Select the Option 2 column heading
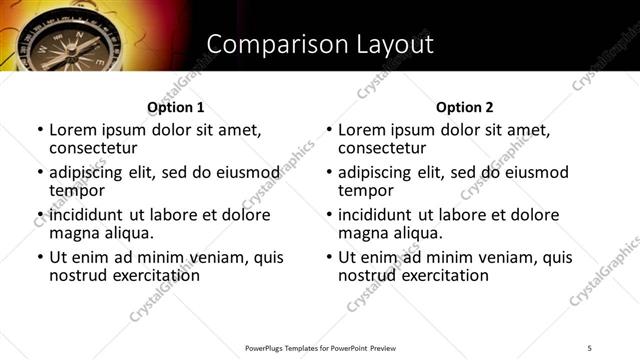point(464,107)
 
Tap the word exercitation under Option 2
point(441,274)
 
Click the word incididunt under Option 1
point(87,215)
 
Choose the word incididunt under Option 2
point(376,215)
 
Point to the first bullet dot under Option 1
point(40,131)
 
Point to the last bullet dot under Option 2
point(329,257)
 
